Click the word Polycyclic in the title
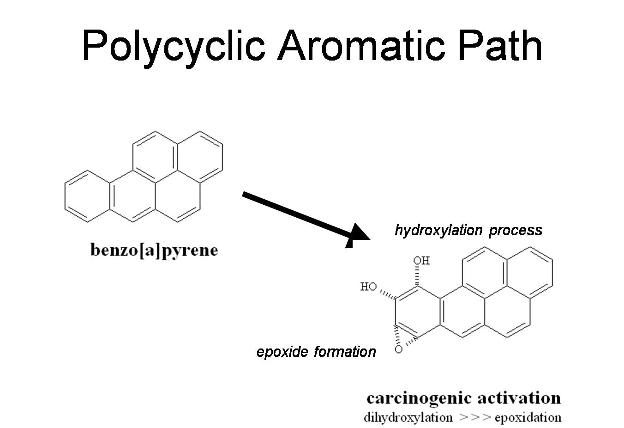(x=173, y=45)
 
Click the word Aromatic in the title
(x=361, y=45)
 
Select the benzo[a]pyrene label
(x=154, y=251)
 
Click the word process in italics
(x=516, y=230)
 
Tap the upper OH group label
(x=421, y=261)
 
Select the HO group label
(x=368, y=287)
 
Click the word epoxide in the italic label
(x=282, y=352)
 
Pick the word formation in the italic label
(x=345, y=352)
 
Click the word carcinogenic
(x=419, y=398)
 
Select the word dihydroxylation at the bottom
(x=408, y=418)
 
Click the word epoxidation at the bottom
(x=528, y=418)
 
